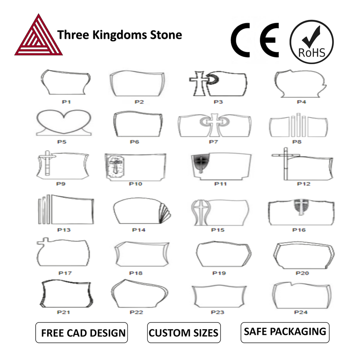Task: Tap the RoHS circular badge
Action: (312, 42)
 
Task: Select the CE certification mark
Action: (255, 40)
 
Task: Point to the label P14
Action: (139, 230)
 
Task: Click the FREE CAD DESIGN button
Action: (81, 333)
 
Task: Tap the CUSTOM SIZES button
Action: (184, 333)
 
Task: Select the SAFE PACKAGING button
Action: (285, 332)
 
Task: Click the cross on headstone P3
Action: (199, 84)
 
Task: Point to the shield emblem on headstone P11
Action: (201, 162)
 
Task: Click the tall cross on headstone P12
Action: (286, 163)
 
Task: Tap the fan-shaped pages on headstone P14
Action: (165, 213)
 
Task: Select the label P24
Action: (301, 312)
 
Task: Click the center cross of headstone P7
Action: (214, 125)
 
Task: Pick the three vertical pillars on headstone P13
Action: (44, 209)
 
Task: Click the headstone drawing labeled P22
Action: (139, 293)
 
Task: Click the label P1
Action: (66, 102)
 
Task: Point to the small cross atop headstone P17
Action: (43, 241)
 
